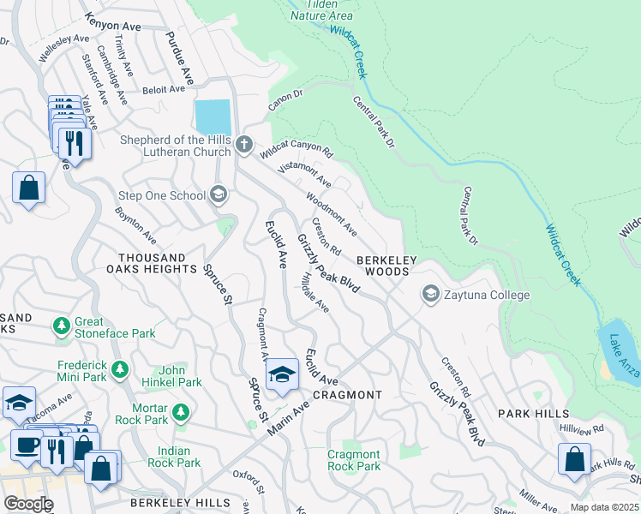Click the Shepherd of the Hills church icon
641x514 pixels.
coord(244,144)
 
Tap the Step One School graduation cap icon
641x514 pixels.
coord(219,195)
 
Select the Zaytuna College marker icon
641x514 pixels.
coord(430,295)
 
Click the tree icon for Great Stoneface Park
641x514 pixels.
coord(62,326)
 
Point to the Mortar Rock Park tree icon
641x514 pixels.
coord(180,413)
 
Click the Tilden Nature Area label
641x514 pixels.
coord(320,9)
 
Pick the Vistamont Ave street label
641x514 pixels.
coord(304,171)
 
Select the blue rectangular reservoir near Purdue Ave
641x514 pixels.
coord(213,117)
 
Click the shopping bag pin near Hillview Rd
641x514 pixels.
coord(573,457)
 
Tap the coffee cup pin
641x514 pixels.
coord(26,445)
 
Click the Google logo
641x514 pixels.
coord(28,504)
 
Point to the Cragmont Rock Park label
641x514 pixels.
coord(354,460)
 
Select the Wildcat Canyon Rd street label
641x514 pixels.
coord(297,148)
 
